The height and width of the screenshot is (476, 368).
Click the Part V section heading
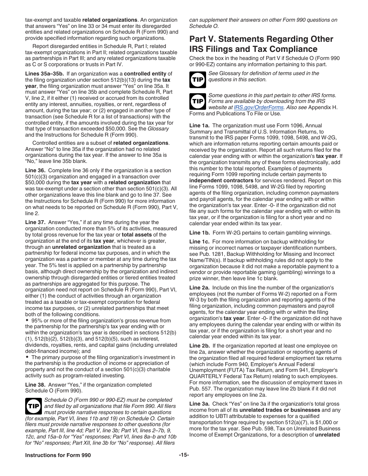click(x=261, y=44)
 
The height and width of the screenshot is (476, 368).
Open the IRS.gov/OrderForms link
click(x=259, y=108)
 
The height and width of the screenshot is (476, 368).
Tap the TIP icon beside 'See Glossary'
click(x=197, y=80)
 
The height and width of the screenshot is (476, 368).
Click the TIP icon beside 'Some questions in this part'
click(x=197, y=102)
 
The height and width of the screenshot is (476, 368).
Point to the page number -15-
click(x=184, y=455)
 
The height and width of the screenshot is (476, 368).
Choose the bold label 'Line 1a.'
click(x=199, y=125)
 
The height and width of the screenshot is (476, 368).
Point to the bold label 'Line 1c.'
click(x=199, y=241)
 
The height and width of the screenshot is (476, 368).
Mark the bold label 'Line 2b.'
click(x=199, y=346)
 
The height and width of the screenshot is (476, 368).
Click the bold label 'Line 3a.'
click(x=199, y=404)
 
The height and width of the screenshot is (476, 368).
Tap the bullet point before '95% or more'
click(x=27, y=320)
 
